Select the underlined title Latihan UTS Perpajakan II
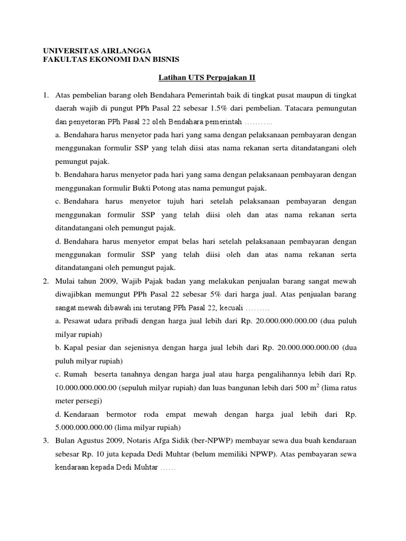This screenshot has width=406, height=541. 207,78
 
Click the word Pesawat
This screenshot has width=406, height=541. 77,321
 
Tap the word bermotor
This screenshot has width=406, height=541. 132,415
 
